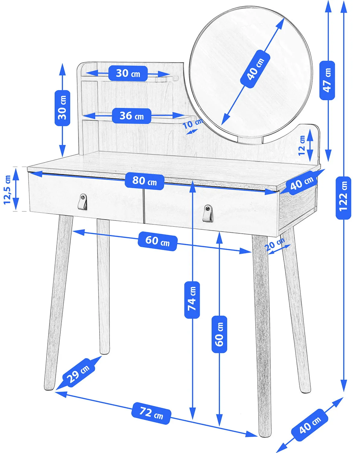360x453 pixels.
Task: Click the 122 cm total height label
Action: (343, 198)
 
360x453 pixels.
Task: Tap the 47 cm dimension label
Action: (327, 80)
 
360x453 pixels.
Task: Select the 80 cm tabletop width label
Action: (144, 182)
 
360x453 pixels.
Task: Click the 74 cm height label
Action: (192, 300)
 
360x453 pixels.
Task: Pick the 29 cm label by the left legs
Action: (79, 374)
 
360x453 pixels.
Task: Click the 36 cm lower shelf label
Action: (132, 116)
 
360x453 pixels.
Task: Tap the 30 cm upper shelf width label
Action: (128, 73)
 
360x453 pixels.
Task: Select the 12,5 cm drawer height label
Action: (7, 190)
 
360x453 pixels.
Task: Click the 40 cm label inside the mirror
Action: (255, 69)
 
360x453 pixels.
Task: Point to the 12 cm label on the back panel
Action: (302, 145)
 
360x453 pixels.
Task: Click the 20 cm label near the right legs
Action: (275, 244)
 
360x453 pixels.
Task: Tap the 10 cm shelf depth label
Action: (193, 124)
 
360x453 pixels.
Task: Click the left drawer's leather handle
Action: (82, 202)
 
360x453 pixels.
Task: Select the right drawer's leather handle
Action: (208, 213)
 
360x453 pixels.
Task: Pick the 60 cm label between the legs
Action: (158, 241)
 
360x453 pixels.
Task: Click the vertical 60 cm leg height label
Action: (219, 334)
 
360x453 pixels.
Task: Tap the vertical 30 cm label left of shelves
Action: (62, 108)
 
